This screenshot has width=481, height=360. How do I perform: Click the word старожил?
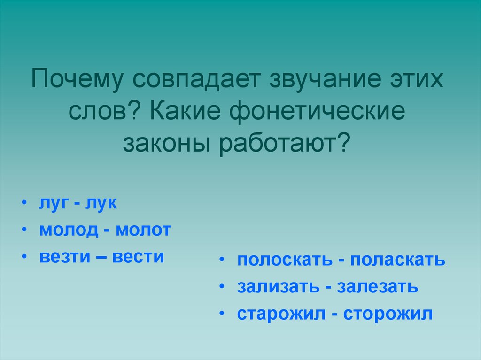click(x=281, y=314)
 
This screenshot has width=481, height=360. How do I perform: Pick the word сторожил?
click(x=388, y=314)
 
